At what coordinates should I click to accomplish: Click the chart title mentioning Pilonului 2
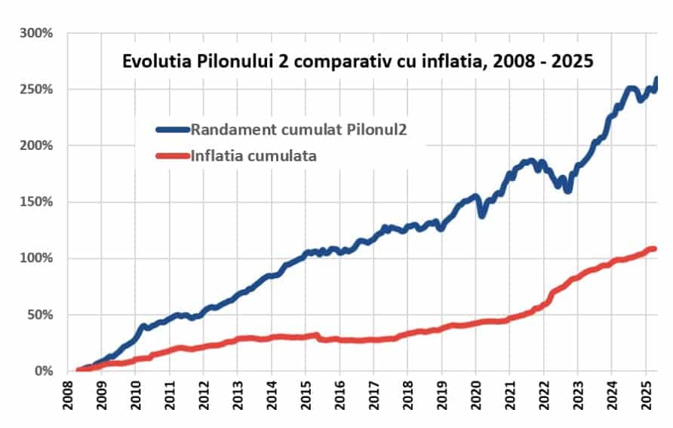coord(358,62)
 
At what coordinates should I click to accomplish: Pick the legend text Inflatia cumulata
coord(254,156)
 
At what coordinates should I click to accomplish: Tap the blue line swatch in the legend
coord(173,129)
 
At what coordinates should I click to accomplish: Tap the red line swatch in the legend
coord(173,156)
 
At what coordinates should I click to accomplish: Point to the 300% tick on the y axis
coord(37,33)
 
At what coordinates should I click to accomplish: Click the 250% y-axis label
coord(37,90)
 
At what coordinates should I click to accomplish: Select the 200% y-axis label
coord(37,145)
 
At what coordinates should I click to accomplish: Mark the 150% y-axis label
coord(37,202)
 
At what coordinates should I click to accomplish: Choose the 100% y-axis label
coord(37,258)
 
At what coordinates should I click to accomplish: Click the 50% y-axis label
coord(40,315)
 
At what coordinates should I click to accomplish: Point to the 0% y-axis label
coord(43,371)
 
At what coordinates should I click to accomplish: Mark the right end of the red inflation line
coord(653,249)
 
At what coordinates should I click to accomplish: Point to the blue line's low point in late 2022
coord(568,191)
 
